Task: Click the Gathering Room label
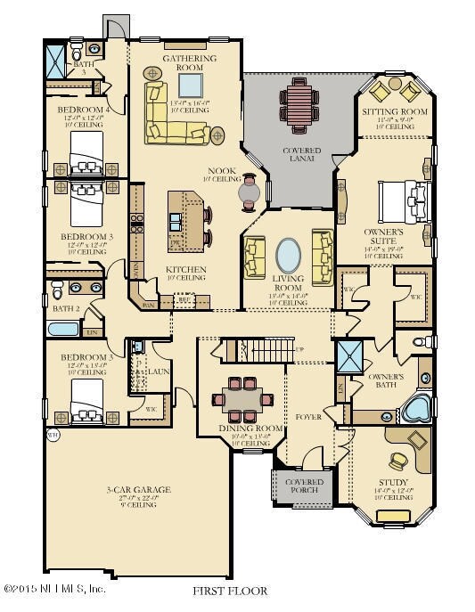tap(189, 63)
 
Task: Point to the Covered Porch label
tap(304, 486)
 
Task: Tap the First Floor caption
tap(229, 591)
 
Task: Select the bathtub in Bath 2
tap(63, 330)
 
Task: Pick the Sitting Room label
tap(395, 112)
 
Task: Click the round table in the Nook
tap(248, 191)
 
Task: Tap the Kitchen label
tap(185, 269)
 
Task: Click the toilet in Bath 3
tap(77, 45)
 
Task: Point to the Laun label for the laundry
tap(160, 371)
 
